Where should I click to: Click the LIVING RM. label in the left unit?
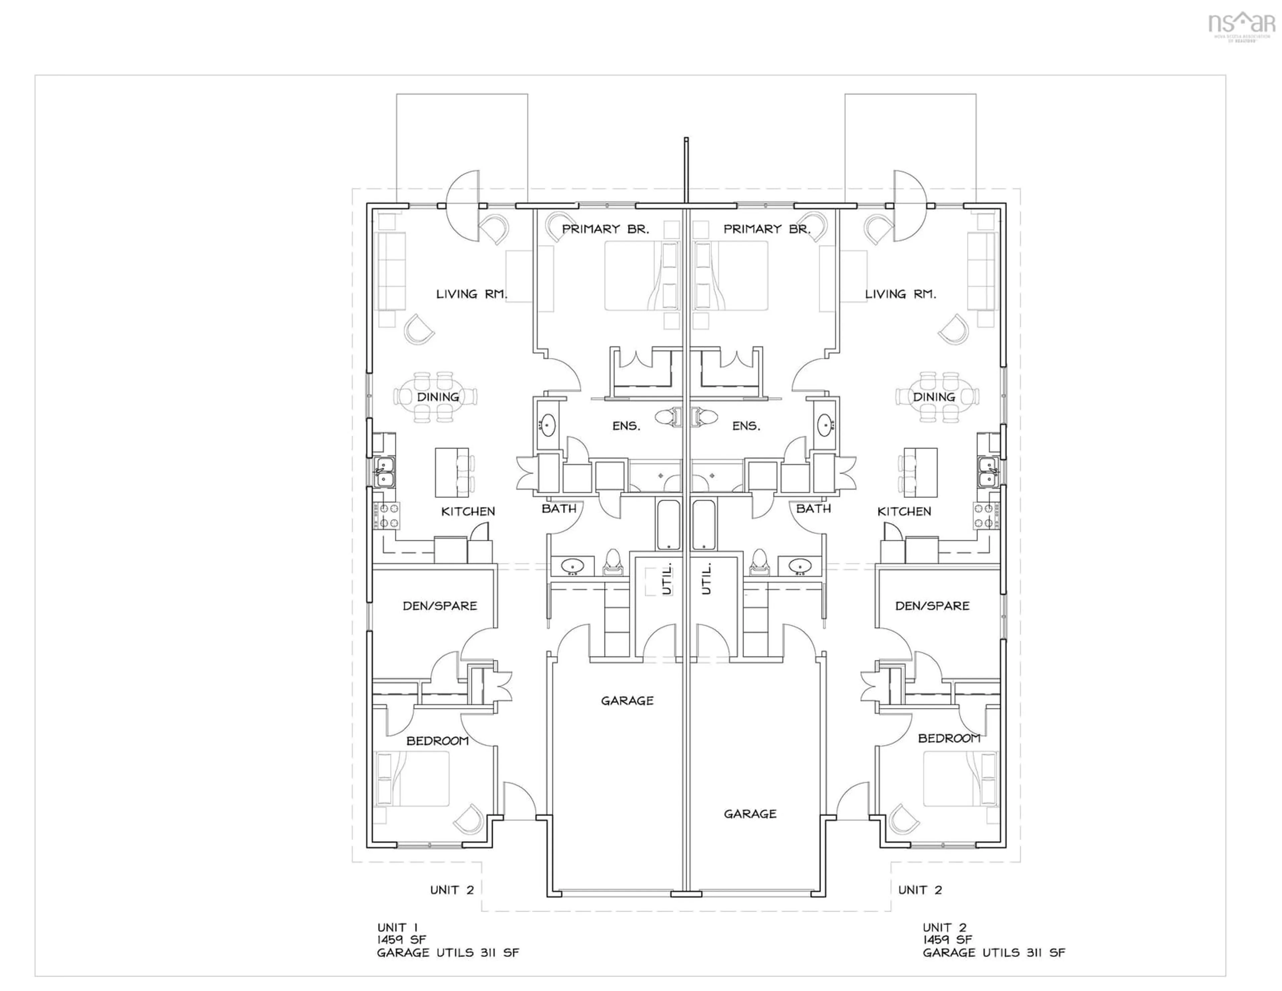tap(471, 294)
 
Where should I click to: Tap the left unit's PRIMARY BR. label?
tap(605, 229)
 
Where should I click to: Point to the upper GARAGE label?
tap(627, 701)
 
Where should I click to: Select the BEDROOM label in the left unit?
tap(437, 741)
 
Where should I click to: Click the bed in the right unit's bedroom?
tap(960, 779)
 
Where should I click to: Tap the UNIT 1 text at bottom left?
tap(397, 928)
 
